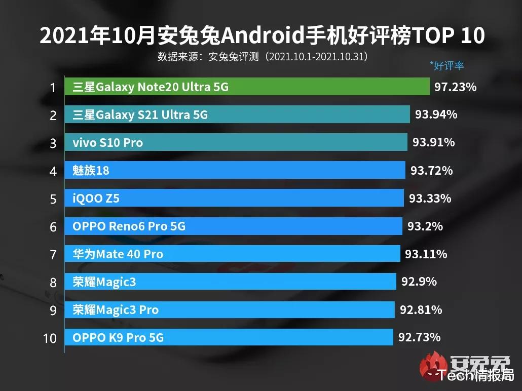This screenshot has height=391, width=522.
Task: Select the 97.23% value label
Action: coord(455,87)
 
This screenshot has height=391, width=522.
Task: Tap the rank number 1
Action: coord(52,88)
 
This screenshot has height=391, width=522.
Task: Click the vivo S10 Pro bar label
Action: coord(107,143)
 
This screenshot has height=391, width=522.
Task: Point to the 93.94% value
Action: coord(436,115)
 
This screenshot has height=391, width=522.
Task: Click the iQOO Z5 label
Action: coord(96,198)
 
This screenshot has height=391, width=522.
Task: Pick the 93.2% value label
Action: coord(425,226)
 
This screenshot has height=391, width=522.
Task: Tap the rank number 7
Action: coord(53,254)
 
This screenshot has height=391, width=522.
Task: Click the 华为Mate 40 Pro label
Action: coord(118,254)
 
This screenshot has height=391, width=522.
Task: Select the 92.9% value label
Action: coord(419,281)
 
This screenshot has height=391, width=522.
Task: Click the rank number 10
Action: coord(50,338)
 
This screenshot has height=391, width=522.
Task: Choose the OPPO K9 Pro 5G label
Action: coord(118,337)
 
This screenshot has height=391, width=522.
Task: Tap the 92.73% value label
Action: coord(419,337)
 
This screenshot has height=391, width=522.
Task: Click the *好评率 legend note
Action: coord(446,65)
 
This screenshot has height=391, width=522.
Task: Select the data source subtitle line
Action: coord(263,56)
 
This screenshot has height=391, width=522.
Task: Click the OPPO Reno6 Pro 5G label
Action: coord(129,226)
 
